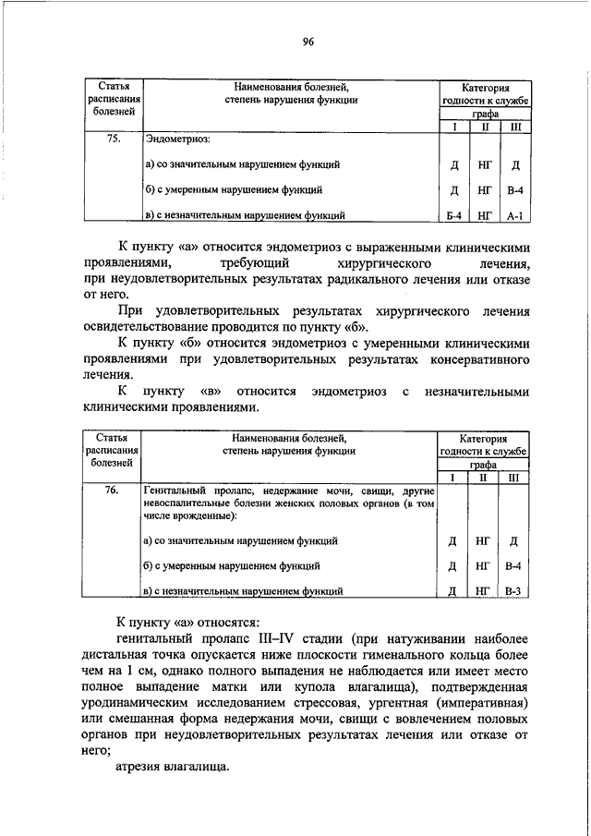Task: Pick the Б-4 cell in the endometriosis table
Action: (x=453, y=217)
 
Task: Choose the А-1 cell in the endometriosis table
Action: (x=515, y=217)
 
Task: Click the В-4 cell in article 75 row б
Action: (x=515, y=191)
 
